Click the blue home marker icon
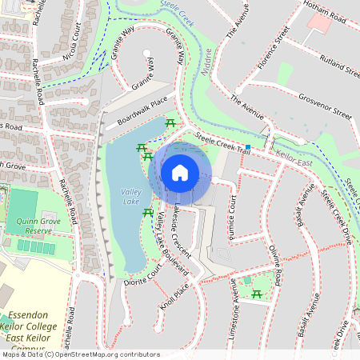click(180, 172)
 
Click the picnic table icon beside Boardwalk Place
click(170, 123)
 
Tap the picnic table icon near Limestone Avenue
click(256, 295)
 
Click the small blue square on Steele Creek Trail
click(249, 147)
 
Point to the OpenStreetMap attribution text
click(80, 354)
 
